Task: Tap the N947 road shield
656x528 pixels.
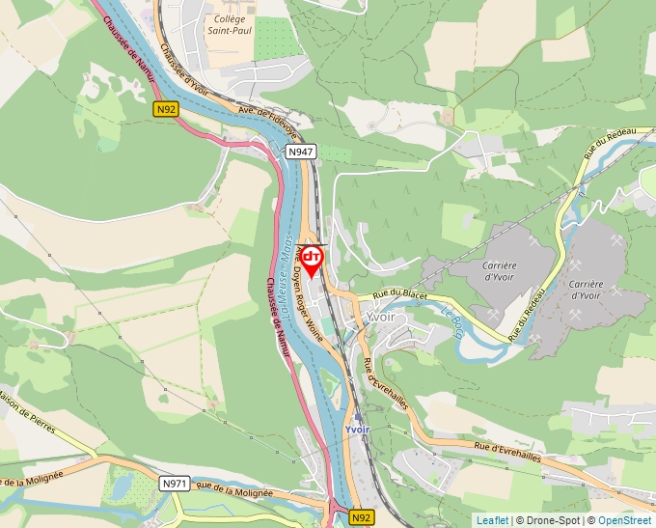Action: coord(301,153)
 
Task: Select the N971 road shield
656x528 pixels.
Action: coord(175,483)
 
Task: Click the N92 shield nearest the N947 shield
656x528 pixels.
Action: coord(166,110)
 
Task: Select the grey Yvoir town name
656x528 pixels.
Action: coord(381,317)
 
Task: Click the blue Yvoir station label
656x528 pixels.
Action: coord(358,431)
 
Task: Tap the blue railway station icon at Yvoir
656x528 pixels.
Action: coord(358,418)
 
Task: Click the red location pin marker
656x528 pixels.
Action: coord(311,260)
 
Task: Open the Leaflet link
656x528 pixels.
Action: coord(492,520)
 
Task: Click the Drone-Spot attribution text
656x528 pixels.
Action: coord(549,520)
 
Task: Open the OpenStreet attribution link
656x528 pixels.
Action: coord(626,520)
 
